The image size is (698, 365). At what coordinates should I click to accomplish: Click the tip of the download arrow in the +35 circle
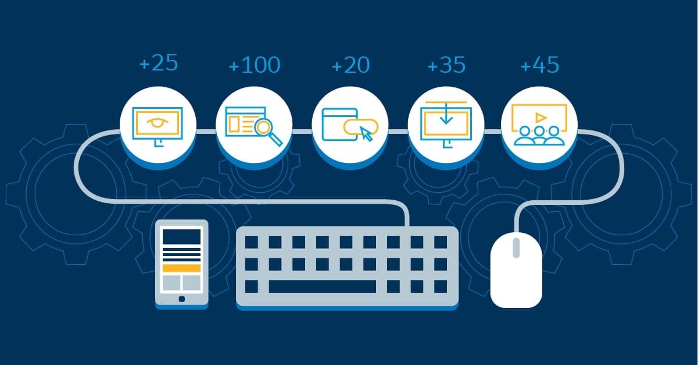tap(446, 123)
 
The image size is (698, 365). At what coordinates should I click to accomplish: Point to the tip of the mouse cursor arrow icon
tap(361, 127)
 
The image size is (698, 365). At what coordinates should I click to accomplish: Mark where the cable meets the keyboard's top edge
tap(407, 226)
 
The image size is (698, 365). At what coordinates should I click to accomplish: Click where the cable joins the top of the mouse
tap(516, 232)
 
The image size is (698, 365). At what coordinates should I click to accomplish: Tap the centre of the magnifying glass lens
tap(264, 127)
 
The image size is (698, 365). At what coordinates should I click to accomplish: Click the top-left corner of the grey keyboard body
tap(237, 227)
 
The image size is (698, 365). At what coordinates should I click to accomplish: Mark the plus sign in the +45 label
tap(525, 66)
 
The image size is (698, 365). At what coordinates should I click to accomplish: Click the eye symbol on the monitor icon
tap(158, 122)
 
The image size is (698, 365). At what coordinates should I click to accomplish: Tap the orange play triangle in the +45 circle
tap(540, 118)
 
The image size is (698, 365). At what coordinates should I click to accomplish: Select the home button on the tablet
tap(182, 299)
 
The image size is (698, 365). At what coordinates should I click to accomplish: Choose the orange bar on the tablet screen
tap(182, 268)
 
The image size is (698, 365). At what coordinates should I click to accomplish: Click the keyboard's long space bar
tap(322, 286)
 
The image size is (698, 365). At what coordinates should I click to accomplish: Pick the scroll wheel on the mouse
tap(516, 247)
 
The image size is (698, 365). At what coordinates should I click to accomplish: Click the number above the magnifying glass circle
tap(255, 65)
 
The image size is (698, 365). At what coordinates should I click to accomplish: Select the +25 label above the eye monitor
tap(159, 63)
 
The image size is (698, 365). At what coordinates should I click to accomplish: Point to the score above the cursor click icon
tap(351, 65)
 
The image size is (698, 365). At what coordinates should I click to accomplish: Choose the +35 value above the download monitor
tap(446, 65)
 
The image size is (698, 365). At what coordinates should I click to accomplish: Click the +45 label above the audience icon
tap(540, 65)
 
